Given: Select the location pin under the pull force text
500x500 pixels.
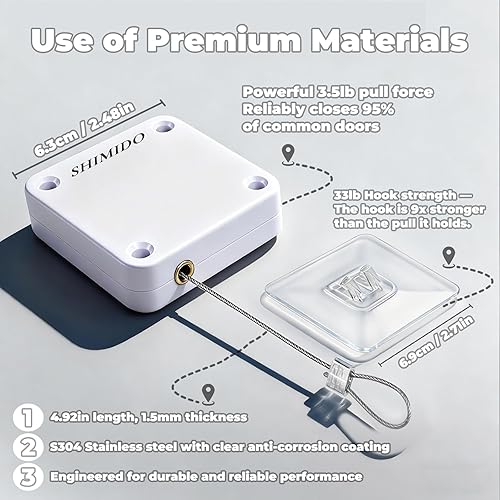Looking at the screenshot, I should tap(289, 152).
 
